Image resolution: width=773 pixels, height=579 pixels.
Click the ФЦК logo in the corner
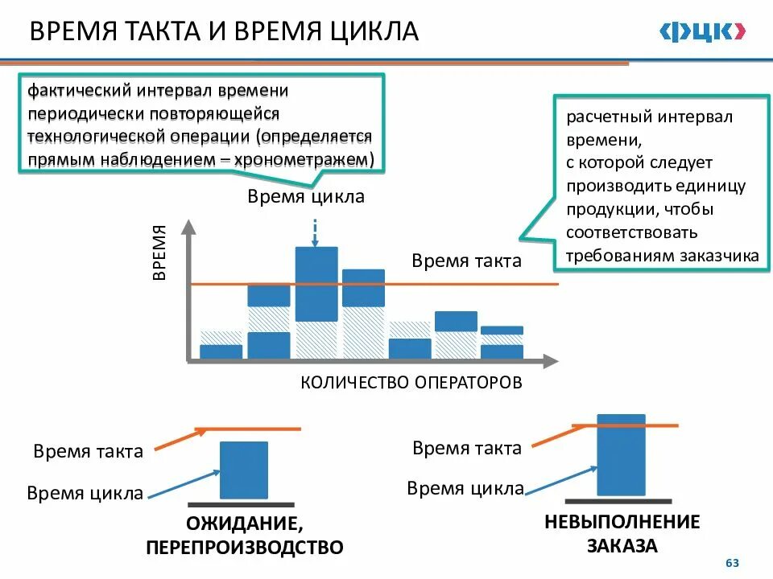(702, 31)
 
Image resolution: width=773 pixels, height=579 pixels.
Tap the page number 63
(732, 563)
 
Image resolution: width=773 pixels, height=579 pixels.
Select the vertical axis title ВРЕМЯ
(159, 253)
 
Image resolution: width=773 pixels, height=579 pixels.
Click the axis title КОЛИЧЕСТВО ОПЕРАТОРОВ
(411, 382)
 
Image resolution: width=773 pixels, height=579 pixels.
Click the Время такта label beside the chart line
(466, 261)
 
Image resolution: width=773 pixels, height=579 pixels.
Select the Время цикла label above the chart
(305, 197)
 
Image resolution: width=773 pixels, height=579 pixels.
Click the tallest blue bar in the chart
(316, 283)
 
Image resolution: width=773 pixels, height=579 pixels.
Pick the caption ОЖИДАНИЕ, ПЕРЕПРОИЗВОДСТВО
(244, 536)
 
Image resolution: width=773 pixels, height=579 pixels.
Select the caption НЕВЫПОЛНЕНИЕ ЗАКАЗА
(622, 533)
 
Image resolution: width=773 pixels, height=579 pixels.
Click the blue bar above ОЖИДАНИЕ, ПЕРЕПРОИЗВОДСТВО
(244, 470)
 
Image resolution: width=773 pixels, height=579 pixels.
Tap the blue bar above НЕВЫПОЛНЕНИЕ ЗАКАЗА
(622, 454)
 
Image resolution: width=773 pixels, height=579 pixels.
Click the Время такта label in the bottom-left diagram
(89, 451)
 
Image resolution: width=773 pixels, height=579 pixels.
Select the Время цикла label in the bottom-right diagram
(465, 488)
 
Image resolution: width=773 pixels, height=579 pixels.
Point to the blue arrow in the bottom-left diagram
(186, 482)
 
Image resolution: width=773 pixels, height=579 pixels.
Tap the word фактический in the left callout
(80, 89)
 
